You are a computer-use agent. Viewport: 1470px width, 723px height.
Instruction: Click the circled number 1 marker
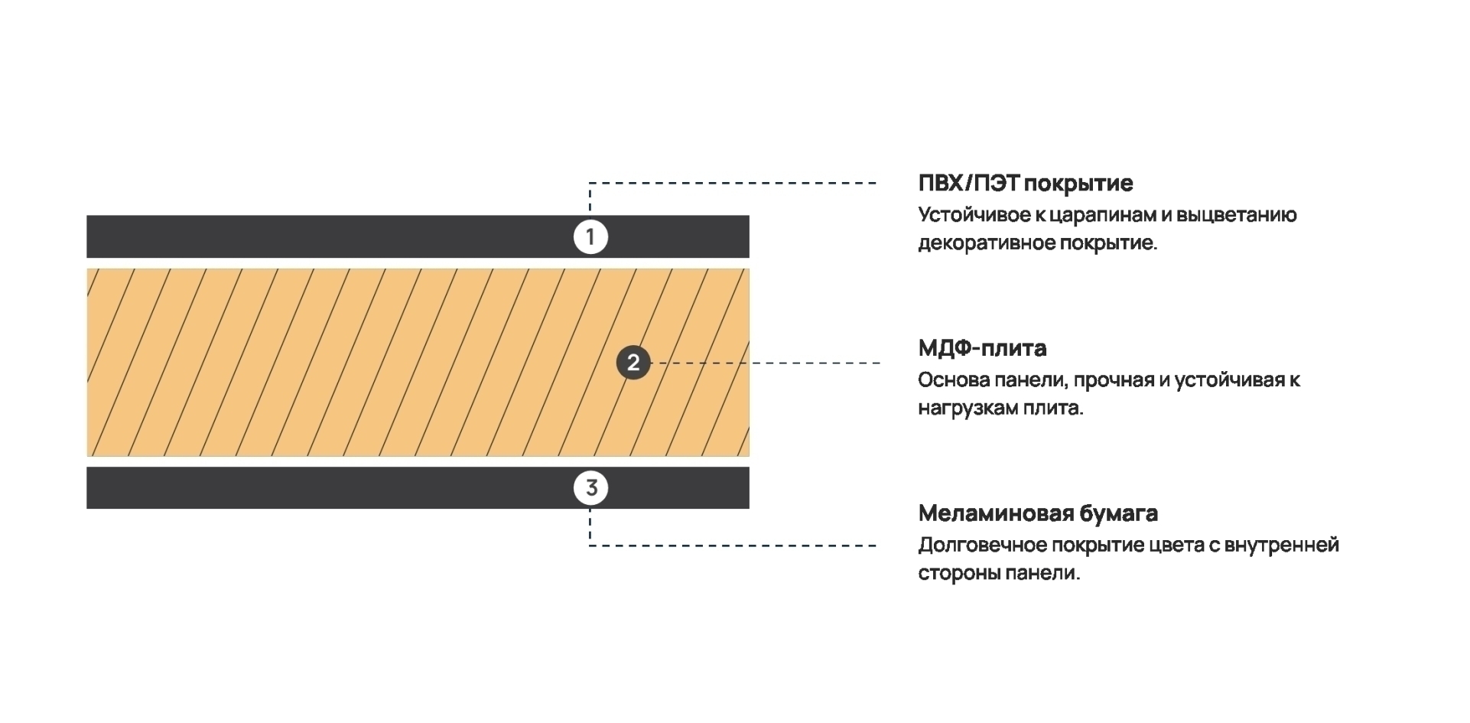pos(590,237)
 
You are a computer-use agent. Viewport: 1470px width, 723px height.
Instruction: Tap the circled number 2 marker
pos(633,363)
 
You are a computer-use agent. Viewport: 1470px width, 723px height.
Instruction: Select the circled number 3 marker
pos(591,487)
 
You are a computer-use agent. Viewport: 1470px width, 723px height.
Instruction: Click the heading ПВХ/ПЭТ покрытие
pos(1026,184)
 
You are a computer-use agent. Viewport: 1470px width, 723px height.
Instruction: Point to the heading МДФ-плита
pos(982,348)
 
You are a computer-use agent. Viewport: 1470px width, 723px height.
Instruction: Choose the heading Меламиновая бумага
pos(1038,513)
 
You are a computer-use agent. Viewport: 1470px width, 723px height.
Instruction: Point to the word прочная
pos(1113,380)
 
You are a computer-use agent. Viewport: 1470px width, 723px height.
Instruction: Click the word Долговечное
pos(982,546)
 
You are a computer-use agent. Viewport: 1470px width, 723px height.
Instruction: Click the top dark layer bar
pos(418,236)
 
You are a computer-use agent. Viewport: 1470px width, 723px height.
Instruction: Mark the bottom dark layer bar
pos(418,487)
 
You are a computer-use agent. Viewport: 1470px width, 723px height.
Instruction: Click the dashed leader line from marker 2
pos(765,363)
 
